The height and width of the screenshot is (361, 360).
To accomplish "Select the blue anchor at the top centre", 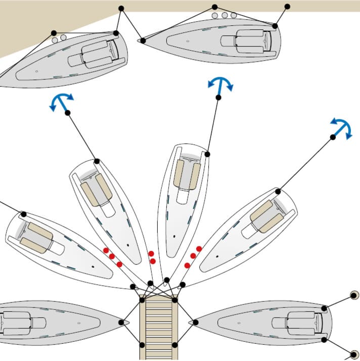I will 220,85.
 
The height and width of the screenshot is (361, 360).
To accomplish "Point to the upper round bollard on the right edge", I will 354,294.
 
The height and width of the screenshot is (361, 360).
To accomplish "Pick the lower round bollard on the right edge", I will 354,355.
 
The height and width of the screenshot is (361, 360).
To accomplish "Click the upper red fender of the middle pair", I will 151,253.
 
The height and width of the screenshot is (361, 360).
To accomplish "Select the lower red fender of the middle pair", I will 152,261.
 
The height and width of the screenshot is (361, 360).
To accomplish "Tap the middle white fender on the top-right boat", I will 224,16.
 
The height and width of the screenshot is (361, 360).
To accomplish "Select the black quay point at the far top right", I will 287,7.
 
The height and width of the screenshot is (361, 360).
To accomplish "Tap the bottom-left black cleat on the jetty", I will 142,345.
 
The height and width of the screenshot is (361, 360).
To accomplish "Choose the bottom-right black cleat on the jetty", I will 175,345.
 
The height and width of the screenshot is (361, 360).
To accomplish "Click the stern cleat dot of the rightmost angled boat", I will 278,191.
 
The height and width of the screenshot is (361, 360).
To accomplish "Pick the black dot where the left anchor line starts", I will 67,113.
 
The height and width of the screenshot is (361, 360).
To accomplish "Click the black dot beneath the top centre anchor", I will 218,97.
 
